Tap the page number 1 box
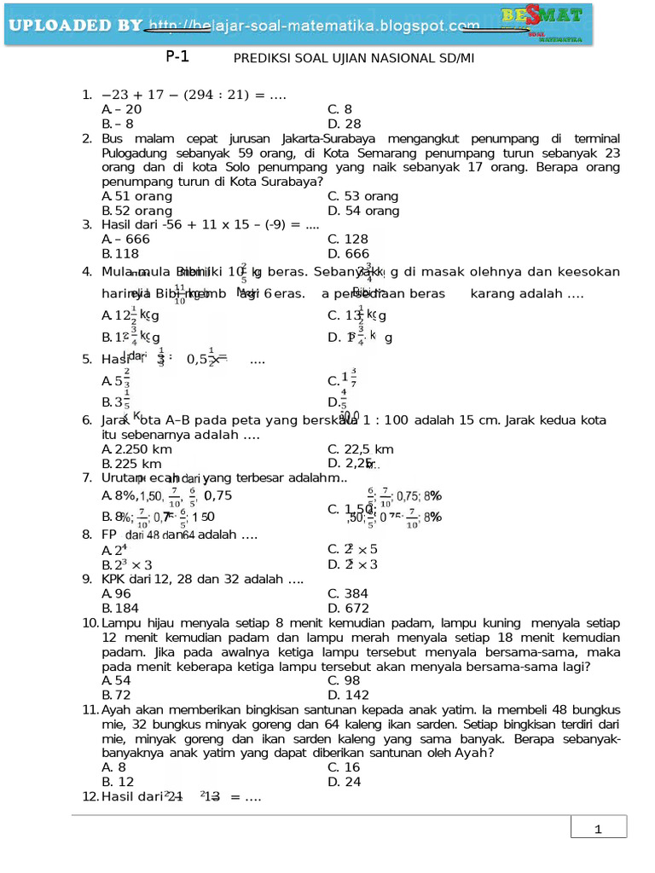[598, 830]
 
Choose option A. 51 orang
[136, 196]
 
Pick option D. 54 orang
[363, 211]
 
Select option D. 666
[348, 254]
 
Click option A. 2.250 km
[136, 449]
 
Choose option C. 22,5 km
[360, 449]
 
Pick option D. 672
[348, 608]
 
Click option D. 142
[348, 696]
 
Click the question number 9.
[87, 579]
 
